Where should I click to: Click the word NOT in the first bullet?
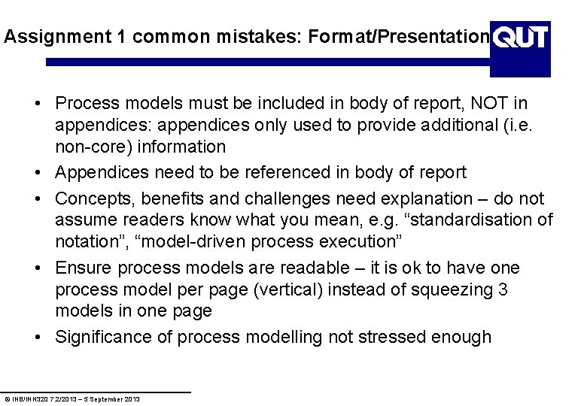tap(491, 102)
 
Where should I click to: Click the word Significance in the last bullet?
tap(102, 337)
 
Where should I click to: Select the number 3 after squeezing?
tap(503, 289)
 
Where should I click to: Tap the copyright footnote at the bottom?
tap(72, 398)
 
